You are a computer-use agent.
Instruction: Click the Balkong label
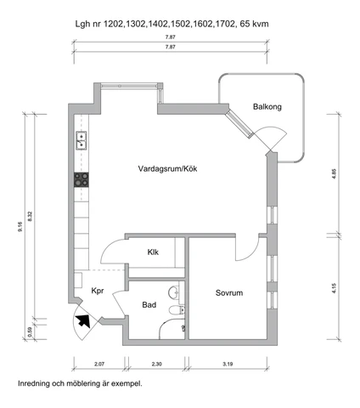[x=267, y=107]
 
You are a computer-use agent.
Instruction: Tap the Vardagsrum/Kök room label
[x=167, y=169]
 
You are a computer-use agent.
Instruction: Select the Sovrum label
[x=229, y=292]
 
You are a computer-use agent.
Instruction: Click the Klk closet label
[x=153, y=252]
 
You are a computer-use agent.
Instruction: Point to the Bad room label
[x=149, y=305]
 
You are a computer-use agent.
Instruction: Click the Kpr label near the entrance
[x=98, y=291]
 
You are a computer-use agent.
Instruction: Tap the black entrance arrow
[x=83, y=321]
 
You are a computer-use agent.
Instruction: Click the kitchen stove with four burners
[x=82, y=179]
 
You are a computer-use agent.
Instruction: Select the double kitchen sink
[x=82, y=140]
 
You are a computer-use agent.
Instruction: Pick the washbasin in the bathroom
[x=174, y=292]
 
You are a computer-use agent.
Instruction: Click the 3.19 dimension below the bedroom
[x=228, y=364]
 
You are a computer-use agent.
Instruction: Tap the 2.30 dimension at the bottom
[x=157, y=364]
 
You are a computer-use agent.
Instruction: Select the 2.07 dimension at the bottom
[x=99, y=364]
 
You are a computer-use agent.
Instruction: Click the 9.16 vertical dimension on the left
[x=20, y=227]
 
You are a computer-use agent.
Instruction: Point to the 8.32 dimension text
[x=31, y=217]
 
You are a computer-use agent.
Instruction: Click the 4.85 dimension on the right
[x=335, y=173]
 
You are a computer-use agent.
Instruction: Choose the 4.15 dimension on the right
[x=335, y=288]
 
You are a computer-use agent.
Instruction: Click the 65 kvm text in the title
[x=254, y=24]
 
